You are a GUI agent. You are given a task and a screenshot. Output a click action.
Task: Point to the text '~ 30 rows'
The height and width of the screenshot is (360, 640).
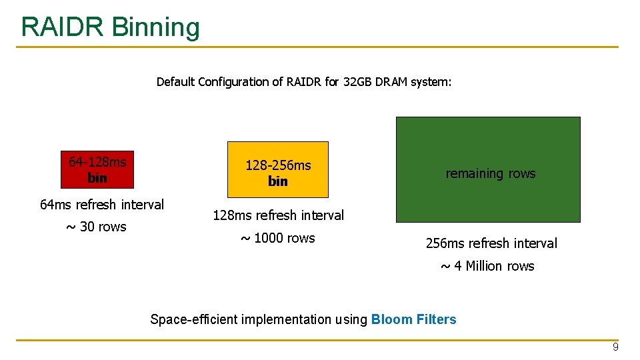point(96,227)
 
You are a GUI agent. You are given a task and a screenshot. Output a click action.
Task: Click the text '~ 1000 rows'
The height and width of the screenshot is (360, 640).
point(277,238)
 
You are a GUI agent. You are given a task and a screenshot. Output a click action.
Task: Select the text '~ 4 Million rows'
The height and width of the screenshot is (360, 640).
point(487,266)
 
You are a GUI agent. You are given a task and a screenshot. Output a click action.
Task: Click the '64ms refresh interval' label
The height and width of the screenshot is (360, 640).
point(102,205)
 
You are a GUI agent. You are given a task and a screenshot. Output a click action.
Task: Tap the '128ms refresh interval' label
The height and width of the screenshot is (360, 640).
point(278,215)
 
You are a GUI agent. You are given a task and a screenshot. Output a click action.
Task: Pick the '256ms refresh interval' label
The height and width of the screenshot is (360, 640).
point(491,243)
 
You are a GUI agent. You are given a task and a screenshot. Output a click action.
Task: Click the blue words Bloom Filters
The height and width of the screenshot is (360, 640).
point(413,319)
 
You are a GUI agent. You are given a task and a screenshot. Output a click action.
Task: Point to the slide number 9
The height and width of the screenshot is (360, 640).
point(615,347)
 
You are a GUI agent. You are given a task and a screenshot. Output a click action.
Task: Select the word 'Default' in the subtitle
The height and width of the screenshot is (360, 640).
point(175,82)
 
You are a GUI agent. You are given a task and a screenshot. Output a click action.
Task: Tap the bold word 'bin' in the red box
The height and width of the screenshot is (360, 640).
point(97,178)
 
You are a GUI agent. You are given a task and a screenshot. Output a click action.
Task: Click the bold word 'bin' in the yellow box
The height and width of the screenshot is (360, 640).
point(278,181)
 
